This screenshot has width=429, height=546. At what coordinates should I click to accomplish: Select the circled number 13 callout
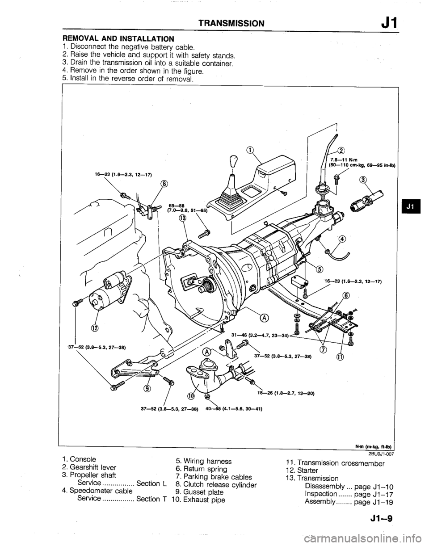click(182, 218)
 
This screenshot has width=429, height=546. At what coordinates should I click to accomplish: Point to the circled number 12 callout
click(94, 330)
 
